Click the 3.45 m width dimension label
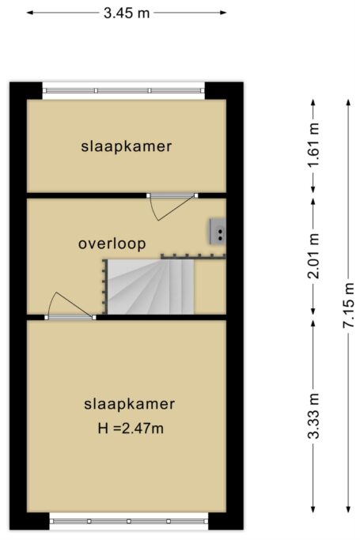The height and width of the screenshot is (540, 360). click(x=127, y=13)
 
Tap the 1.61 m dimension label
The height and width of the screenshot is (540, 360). click(x=314, y=145)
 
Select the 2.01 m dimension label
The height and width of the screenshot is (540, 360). click(x=314, y=255)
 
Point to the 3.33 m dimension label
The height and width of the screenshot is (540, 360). click(x=314, y=416)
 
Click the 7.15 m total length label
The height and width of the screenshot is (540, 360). click(x=349, y=304)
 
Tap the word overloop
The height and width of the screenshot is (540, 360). click(x=112, y=244)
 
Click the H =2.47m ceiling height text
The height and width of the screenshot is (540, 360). click(x=131, y=429)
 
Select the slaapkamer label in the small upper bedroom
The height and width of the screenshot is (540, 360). click(x=126, y=146)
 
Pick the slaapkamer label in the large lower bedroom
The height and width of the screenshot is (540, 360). click(x=129, y=404)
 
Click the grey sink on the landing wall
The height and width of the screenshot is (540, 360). click(x=218, y=232)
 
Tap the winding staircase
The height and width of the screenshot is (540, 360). click(x=150, y=286)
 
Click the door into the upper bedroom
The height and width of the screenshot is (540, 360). click(x=172, y=206)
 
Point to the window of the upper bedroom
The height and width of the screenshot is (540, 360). click(x=123, y=91)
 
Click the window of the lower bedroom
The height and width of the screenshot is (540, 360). click(x=129, y=521)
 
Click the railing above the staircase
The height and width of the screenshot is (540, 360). click(x=193, y=256)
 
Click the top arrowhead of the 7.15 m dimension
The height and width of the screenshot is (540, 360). click(x=349, y=102)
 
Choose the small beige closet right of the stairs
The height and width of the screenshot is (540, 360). click(x=210, y=286)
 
